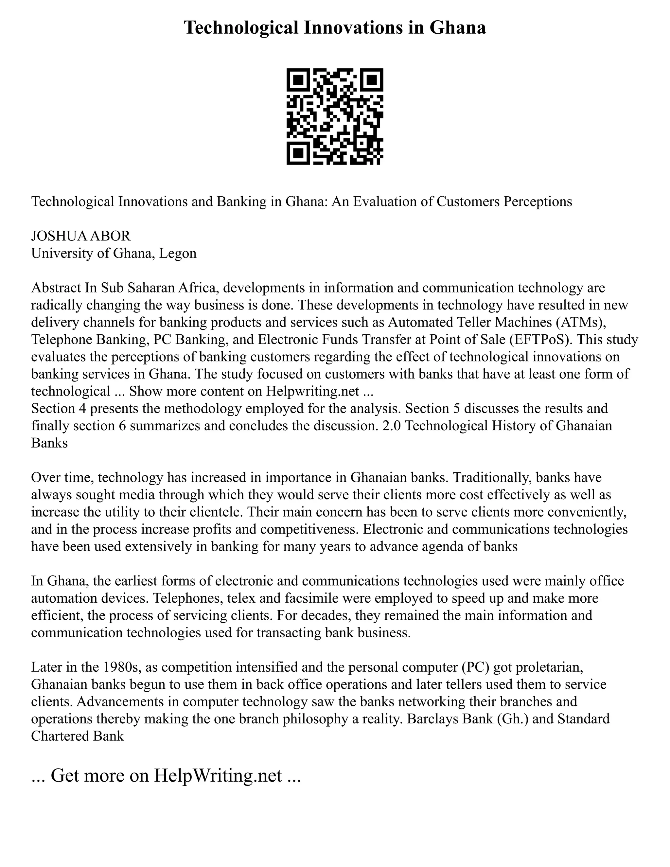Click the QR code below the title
335,117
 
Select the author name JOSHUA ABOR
80,236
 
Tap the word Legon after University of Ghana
178,253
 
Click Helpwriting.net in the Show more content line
312,391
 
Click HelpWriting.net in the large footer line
218,775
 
